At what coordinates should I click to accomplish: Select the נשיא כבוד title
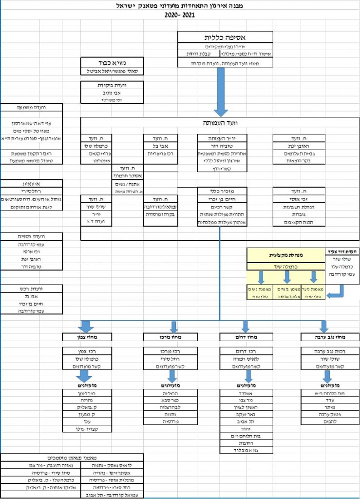113,62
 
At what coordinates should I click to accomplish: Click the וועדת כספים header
32,236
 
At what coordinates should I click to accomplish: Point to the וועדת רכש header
32,288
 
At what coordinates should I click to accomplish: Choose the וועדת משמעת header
32,108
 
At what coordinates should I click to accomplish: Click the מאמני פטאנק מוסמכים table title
72,458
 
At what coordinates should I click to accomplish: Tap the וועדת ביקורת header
113,85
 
